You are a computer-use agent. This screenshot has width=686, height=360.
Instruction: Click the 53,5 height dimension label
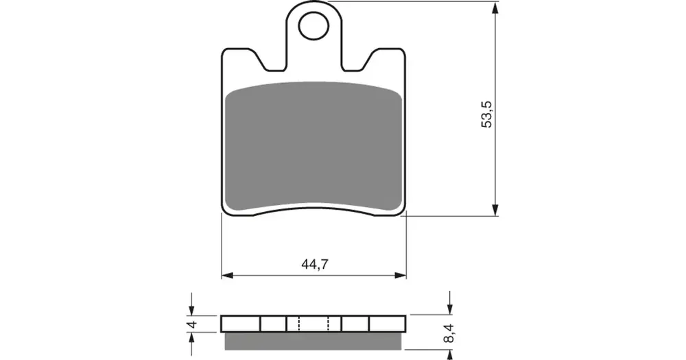coord(486,115)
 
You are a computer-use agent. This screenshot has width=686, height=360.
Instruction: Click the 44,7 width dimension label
coord(315,264)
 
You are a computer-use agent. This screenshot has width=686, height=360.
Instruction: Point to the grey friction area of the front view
coord(314,146)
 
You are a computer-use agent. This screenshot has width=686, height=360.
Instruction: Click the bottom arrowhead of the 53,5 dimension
coord(495,209)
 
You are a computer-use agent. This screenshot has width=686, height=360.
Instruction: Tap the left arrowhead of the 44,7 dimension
coord(228,276)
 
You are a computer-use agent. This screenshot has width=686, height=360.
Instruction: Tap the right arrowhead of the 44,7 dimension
coord(401,276)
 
